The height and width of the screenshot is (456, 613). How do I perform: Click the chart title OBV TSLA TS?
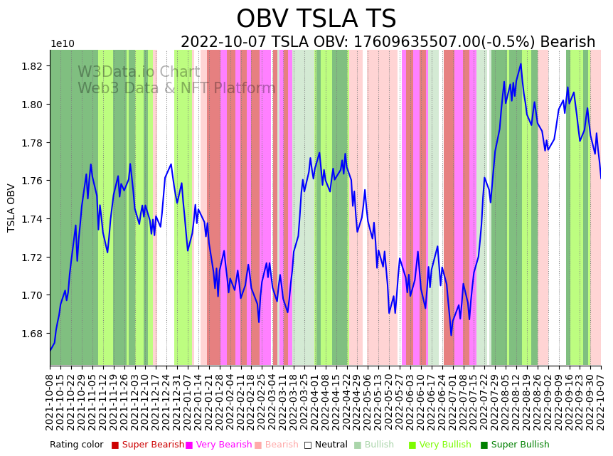point(316,19)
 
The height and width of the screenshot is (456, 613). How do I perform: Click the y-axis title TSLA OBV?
point(11,208)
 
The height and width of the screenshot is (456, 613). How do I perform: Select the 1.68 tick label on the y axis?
point(33,334)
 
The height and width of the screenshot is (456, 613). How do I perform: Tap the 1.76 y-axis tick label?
point(33,181)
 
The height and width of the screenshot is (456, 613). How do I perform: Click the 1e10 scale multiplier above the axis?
point(63,44)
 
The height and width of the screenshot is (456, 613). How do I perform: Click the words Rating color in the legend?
point(77,445)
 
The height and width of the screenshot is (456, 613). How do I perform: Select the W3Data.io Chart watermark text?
point(139,73)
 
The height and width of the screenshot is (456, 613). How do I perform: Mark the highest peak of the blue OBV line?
point(521,64)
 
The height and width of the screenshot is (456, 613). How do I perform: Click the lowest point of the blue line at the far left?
point(50,350)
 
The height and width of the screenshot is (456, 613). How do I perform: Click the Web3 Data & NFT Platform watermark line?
point(176,89)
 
